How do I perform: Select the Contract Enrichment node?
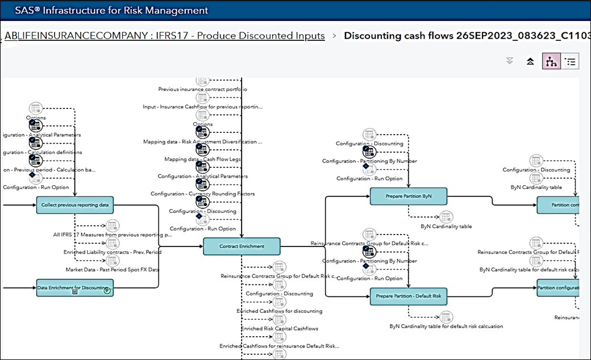(242, 246)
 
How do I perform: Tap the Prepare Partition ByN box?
(408, 196)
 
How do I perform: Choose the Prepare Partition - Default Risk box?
(408, 296)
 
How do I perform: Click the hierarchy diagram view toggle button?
(551, 62)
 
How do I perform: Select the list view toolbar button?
(571, 62)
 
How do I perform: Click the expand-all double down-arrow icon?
(509, 62)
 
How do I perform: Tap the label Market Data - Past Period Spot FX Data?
(113, 269)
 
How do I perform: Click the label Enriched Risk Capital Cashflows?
(280, 328)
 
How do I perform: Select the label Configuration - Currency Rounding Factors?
(202, 194)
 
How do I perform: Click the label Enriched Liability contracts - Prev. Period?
(113, 252)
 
